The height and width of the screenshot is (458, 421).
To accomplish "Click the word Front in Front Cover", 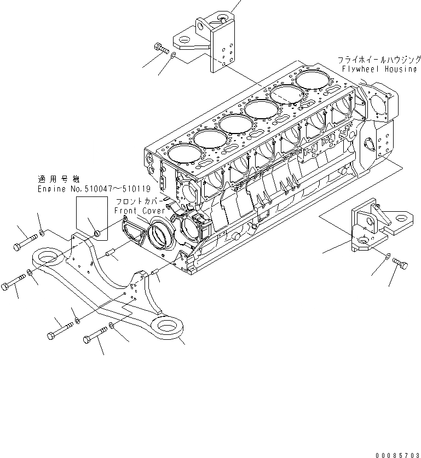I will tap(126, 210).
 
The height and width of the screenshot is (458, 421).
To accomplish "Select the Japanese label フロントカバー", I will tap(135, 201).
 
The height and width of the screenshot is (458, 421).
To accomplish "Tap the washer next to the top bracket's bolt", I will tap(174, 55).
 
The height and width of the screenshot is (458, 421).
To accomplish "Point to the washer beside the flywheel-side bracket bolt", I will tap(387, 256).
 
